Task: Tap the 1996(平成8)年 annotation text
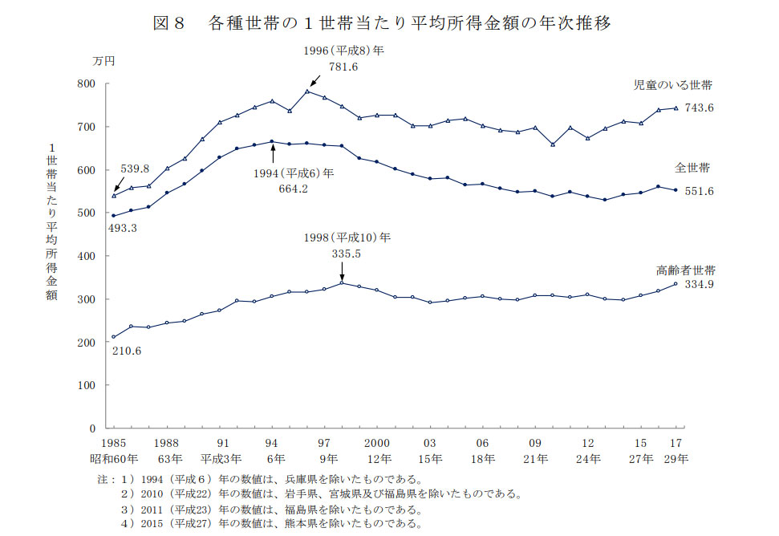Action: click(x=344, y=51)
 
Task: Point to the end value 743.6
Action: click(x=699, y=108)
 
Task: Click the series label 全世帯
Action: click(x=692, y=169)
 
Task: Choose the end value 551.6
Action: click(x=699, y=191)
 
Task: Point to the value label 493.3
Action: click(x=123, y=229)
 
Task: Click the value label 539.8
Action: click(x=136, y=169)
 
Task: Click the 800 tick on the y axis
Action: click(x=86, y=84)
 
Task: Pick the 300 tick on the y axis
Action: click(x=86, y=299)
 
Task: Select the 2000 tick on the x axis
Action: click(x=376, y=443)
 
